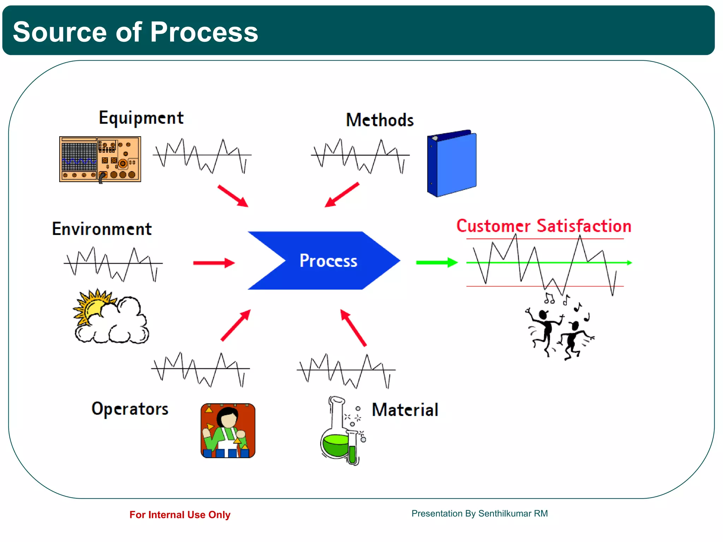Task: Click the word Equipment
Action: (141, 118)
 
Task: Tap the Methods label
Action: (380, 120)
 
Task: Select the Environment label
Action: (102, 229)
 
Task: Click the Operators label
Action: (130, 409)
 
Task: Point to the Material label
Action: (405, 410)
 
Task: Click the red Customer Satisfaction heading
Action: (544, 226)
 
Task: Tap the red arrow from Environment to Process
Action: (214, 263)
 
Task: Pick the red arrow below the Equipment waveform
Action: (233, 195)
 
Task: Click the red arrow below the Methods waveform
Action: (342, 195)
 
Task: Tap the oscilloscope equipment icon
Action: (100, 159)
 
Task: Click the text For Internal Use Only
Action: (180, 515)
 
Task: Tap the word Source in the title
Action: (59, 32)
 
